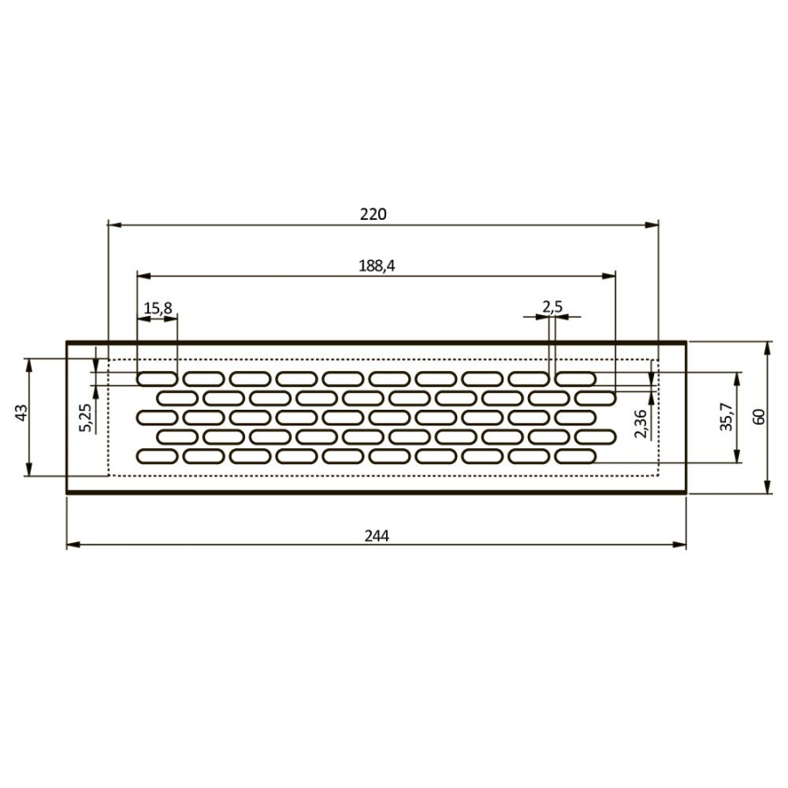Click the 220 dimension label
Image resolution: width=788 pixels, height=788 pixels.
[373, 215]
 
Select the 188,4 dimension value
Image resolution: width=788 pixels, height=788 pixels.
[376, 266]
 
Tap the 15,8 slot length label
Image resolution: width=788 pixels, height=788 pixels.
[158, 307]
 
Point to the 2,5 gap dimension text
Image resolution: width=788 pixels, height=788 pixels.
[552, 306]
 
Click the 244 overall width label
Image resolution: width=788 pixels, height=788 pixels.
[376, 536]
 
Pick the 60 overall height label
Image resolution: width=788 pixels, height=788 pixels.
[759, 417]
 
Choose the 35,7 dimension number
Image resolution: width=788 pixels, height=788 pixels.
[726, 417]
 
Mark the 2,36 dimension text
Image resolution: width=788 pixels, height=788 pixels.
[641, 424]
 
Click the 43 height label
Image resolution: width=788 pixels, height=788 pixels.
[22, 412]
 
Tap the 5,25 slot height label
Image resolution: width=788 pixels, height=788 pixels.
[86, 418]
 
